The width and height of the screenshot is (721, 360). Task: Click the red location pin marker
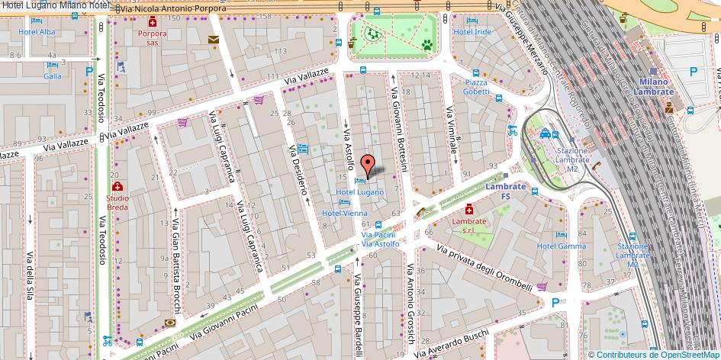point(367,165)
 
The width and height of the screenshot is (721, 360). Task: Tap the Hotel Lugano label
point(359,192)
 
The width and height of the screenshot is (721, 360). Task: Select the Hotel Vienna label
point(344,214)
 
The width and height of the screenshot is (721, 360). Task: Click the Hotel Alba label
point(37,32)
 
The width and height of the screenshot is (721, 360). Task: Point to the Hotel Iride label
point(472,32)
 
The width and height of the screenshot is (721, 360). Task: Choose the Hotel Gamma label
point(561,246)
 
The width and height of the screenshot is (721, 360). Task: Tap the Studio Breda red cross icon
point(117,187)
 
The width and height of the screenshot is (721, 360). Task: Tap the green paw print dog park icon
point(426,45)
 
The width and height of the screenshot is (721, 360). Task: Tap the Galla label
point(53,76)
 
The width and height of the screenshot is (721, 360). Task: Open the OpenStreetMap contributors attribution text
point(654,354)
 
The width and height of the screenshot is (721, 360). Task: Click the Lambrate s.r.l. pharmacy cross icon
point(468,209)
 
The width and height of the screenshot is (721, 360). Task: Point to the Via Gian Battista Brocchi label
point(175,267)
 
